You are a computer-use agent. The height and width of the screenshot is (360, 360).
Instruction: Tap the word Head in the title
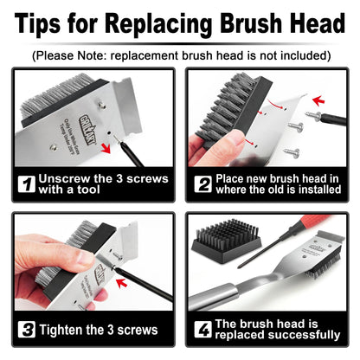[x=314, y=23]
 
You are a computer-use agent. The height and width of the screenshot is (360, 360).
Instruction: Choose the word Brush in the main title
[x=260, y=23]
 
